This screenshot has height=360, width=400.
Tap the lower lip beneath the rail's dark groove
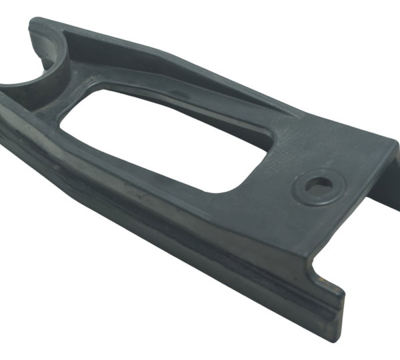[x=200, y=263]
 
